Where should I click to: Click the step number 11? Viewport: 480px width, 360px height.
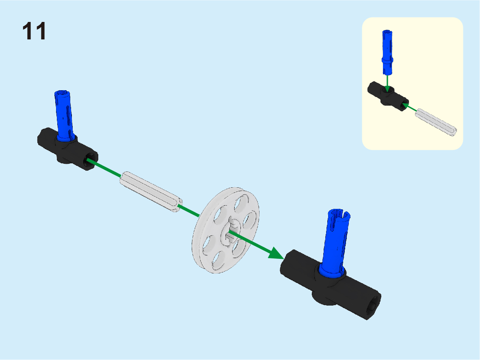tap(34, 31)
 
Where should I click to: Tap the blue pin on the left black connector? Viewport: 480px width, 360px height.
tap(64, 115)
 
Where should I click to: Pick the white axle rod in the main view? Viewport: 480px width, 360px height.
tap(151, 192)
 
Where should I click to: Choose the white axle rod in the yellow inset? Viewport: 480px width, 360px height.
tap(436, 122)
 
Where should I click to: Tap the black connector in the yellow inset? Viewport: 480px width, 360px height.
tap(388, 96)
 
